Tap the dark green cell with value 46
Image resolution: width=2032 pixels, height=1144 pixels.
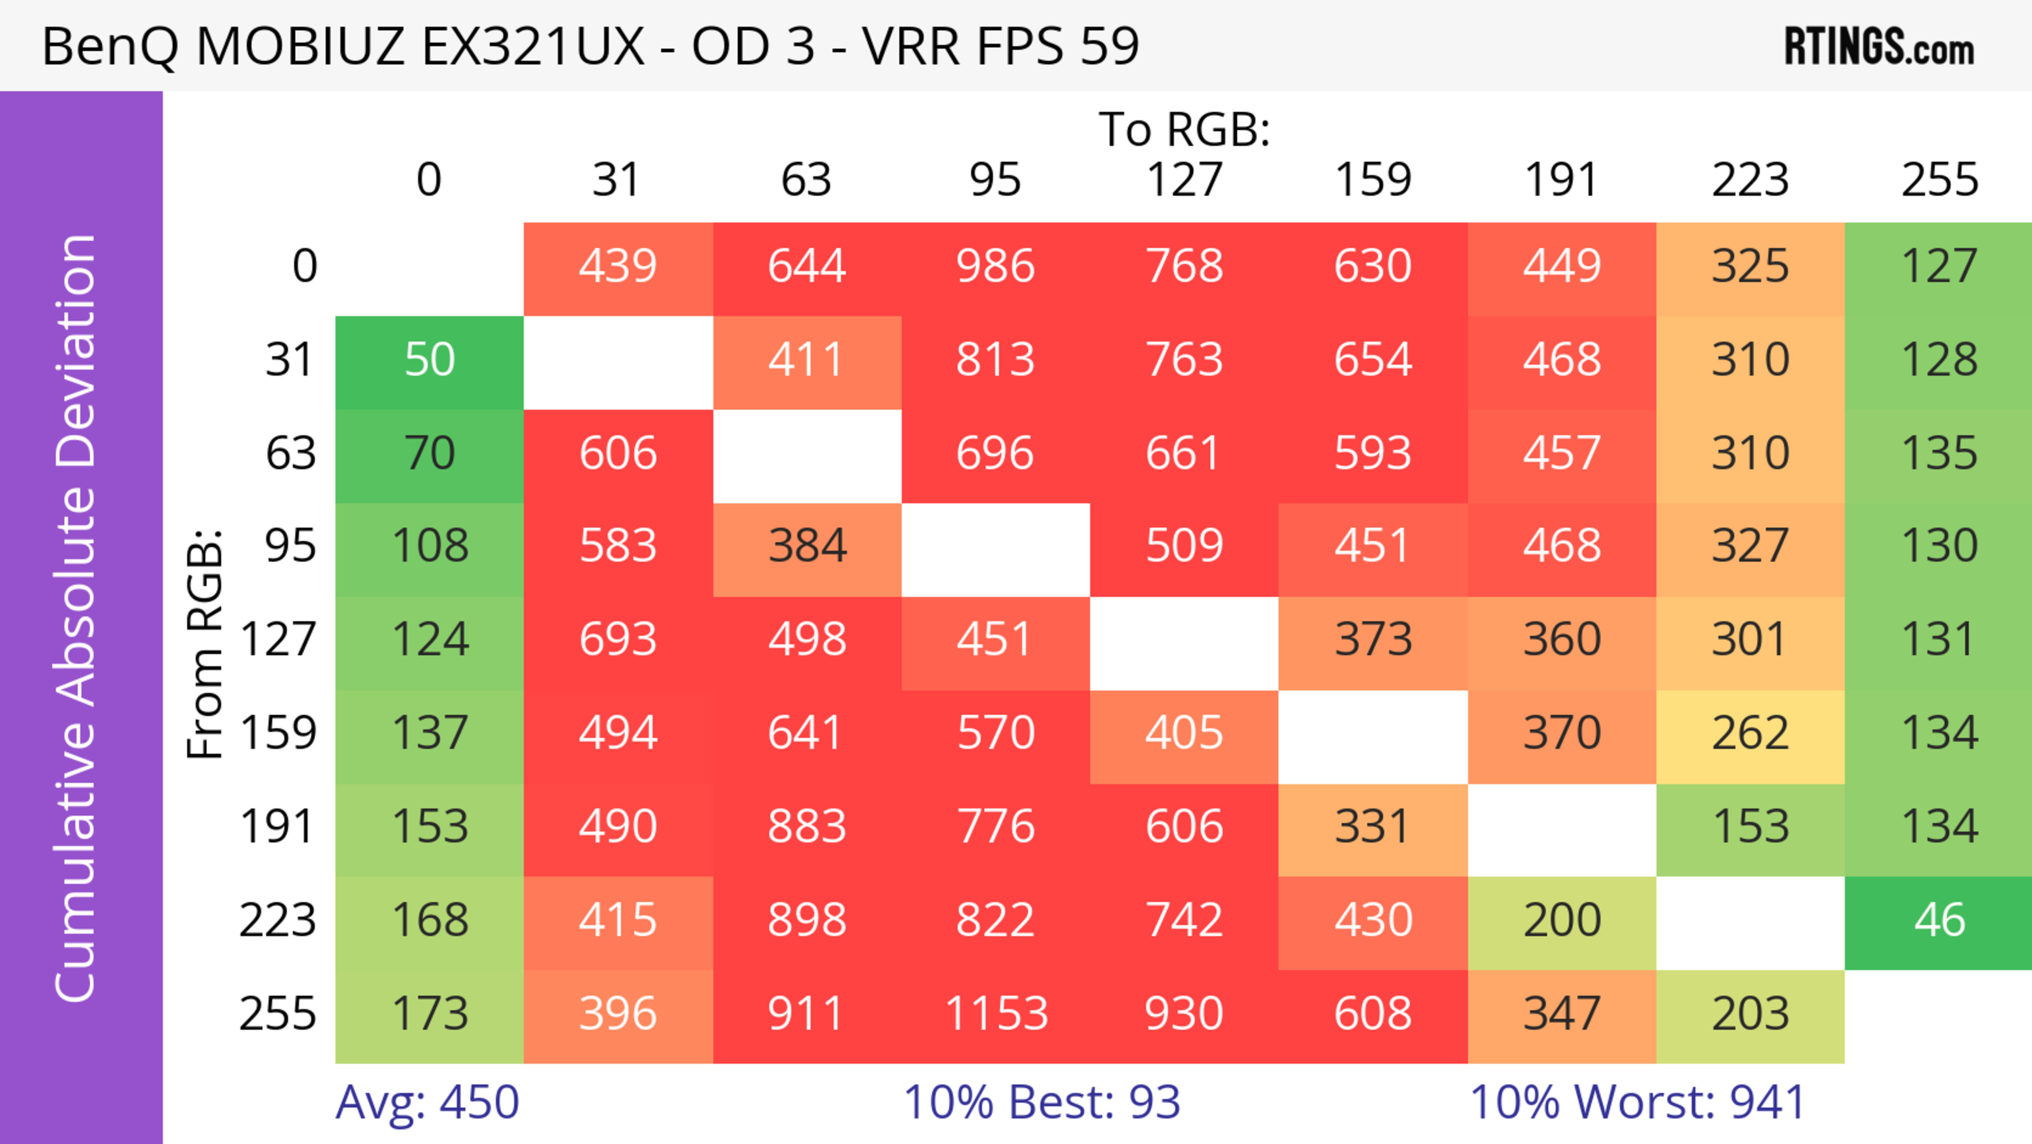pos(1939,921)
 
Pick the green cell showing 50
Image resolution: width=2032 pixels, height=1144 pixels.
pos(429,361)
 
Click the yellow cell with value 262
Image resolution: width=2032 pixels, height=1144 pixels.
pos(1749,734)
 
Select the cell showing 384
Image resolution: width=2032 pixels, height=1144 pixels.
pos(806,547)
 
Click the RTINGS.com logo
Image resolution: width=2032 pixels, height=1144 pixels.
pos(1879,47)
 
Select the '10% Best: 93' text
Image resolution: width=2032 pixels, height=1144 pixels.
pos(1041,1102)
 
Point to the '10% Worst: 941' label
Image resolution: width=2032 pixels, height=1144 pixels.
pos(1638,1102)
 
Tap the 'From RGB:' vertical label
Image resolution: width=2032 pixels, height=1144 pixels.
pos(205,644)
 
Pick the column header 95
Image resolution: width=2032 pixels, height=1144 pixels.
pos(995,180)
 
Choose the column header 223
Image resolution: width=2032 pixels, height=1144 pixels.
pos(1749,180)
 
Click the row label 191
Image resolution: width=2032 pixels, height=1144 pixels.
pos(278,827)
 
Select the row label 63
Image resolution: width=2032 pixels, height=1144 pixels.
pos(291,454)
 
